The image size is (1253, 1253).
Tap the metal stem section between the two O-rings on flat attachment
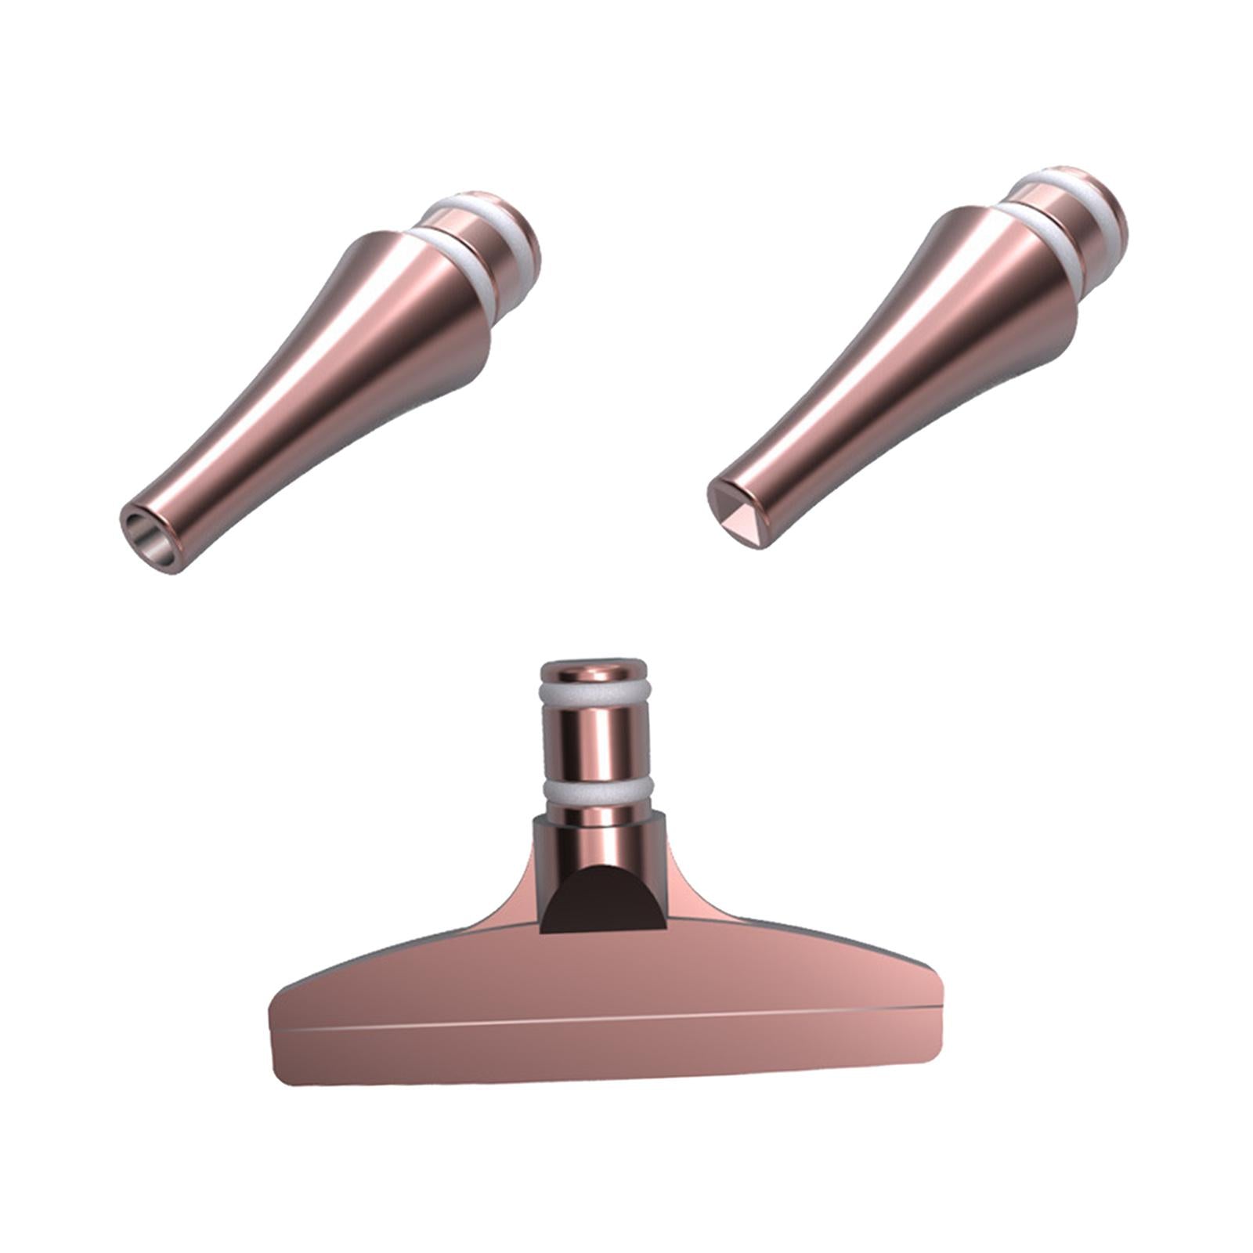click(x=594, y=740)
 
